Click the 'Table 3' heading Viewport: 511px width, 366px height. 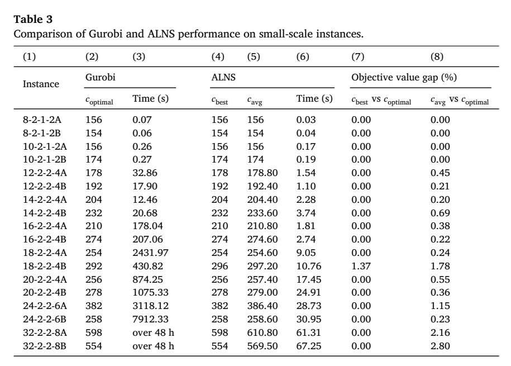pyautogui.click(x=33, y=19)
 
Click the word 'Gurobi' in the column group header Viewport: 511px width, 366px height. pyautogui.click(x=101, y=77)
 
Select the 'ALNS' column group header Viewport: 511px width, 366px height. pyautogui.click(x=223, y=77)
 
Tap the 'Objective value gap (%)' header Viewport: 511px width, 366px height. pyautogui.click(x=404, y=78)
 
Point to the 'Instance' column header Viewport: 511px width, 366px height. pyautogui.click(x=41, y=84)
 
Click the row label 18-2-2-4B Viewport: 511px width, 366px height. pyautogui.click(x=45, y=266)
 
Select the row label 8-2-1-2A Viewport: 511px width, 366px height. pyautogui.click(x=42, y=120)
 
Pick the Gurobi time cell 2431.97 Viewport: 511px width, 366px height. pyautogui.click(x=151, y=253)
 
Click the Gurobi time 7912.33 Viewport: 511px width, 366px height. pyautogui.click(x=151, y=320)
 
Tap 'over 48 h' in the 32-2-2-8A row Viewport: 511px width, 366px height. pyautogui.click(x=153, y=332)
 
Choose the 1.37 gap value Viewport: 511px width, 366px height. pyautogui.click(x=361, y=266)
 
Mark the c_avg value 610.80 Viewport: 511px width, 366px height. pyautogui.click(x=262, y=332)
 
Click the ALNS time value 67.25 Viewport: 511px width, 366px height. pyautogui.click(x=309, y=346)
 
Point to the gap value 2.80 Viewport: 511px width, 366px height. pyautogui.click(x=440, y=346)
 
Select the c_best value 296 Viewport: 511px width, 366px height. pyautogui.click(x=219, y=266)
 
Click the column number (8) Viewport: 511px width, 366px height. pyautogui.click(x=437, y=57)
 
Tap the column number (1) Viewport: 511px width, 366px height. pyautogui.click(x=30, y=57)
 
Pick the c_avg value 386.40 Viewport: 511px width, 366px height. pyautogui.click(x=262, y=306)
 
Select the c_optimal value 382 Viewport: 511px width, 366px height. pyautogui.click(x=94, y=306)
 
